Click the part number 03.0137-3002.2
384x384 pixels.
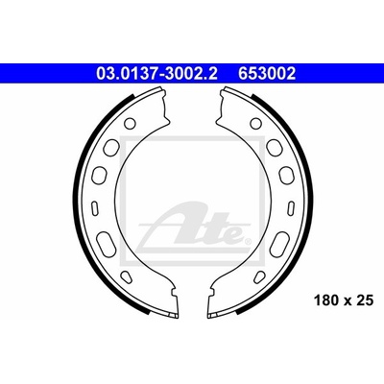157,74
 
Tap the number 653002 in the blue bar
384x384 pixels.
267,74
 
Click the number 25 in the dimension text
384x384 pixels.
366,300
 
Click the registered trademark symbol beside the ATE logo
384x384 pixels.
248,241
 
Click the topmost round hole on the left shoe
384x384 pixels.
130,123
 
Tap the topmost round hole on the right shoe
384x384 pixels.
255,123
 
